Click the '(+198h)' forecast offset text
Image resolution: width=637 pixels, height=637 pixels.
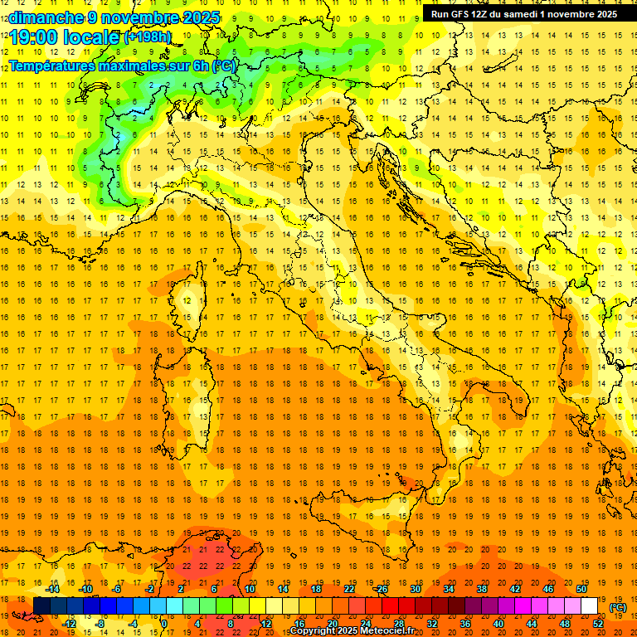tap(147, 36)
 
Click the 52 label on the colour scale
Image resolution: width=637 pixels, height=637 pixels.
tap(598, 623)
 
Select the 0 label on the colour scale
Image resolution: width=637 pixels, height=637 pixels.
tap(164, 623)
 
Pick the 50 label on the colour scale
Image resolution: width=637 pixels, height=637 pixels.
tap(581, 589)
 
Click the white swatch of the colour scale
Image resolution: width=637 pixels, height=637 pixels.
tap(590, 605)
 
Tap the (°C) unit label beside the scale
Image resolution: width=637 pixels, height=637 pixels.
tap(618, 607)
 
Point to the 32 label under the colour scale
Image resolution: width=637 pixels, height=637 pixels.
tap(432, 623)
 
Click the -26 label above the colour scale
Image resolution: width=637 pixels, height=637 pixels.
tap(381, 589)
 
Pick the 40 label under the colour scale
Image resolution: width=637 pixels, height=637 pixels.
tap(498, 623)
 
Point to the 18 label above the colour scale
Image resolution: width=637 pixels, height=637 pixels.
tap(316, 589)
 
